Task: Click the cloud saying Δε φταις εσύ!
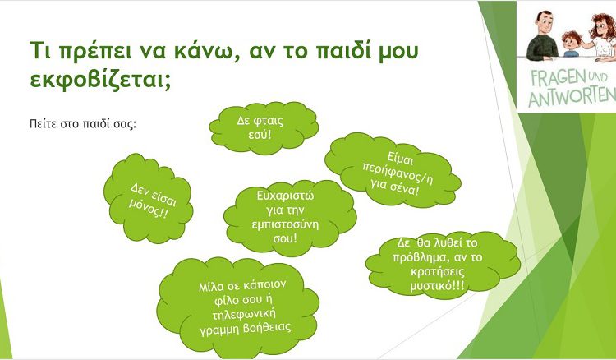[264, 127]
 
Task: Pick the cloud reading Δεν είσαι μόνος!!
[148, 198]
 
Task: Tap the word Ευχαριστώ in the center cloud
[285, 196]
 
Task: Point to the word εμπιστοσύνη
[285, 225]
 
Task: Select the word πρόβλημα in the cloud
[417, 258]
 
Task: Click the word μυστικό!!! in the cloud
[437, 286]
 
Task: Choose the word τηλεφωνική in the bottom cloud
[244, 315]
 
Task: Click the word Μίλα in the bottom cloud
[211, 287]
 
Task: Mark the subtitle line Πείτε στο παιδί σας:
[83, 124]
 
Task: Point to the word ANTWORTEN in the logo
[571, 97]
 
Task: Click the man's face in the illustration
[543, 25]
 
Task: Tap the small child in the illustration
[571, 44]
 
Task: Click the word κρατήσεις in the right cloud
[437, 272]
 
